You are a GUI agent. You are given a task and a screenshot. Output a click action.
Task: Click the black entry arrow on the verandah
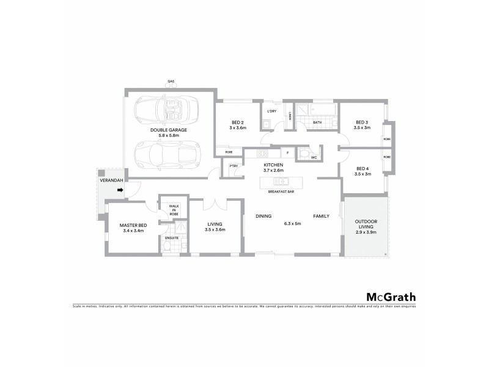120,190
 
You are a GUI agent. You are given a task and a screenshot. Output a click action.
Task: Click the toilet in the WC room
304,154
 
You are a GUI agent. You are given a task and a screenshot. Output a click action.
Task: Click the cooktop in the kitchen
263,154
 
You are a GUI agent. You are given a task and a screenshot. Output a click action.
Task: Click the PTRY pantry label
233,166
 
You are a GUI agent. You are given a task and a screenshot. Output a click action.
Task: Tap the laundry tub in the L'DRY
267,125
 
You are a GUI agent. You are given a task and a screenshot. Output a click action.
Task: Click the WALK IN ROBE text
173,210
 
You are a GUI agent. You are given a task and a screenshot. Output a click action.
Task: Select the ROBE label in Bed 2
228,151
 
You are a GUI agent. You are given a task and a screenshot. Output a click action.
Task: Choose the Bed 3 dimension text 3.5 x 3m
363,128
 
